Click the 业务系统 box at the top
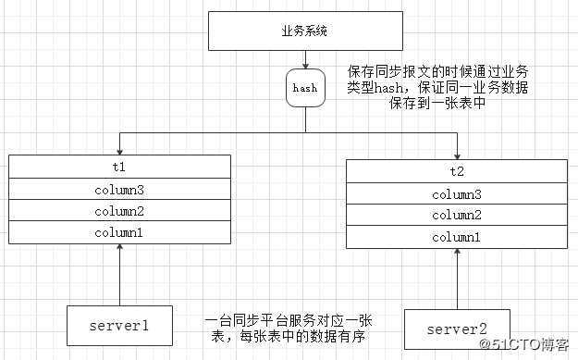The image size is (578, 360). (x=305, y=31)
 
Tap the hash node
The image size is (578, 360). (x=305, y=89)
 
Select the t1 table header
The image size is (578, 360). (x=119, y=168)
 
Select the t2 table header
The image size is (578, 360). (x=457, y=171)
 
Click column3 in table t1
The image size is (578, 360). (x=119, y=190)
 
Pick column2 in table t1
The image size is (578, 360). (x=119, y=211)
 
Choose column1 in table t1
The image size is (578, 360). (x=119, y=232)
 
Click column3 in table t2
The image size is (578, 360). (x=457, y=194)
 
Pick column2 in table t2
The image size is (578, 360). (x=457, y=216)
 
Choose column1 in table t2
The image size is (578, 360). (x=457, y=237)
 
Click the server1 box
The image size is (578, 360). (x=119, y=324)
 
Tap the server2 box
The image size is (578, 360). (x=457, y=329)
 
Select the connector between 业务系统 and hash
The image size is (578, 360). (x=305, y=61)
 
